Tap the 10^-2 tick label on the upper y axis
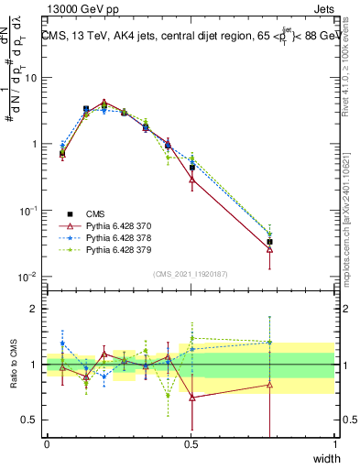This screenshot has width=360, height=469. coord(28,277)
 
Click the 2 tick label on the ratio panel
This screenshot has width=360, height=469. coord(35,309)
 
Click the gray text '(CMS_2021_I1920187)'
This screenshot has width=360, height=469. coord(191,273)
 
